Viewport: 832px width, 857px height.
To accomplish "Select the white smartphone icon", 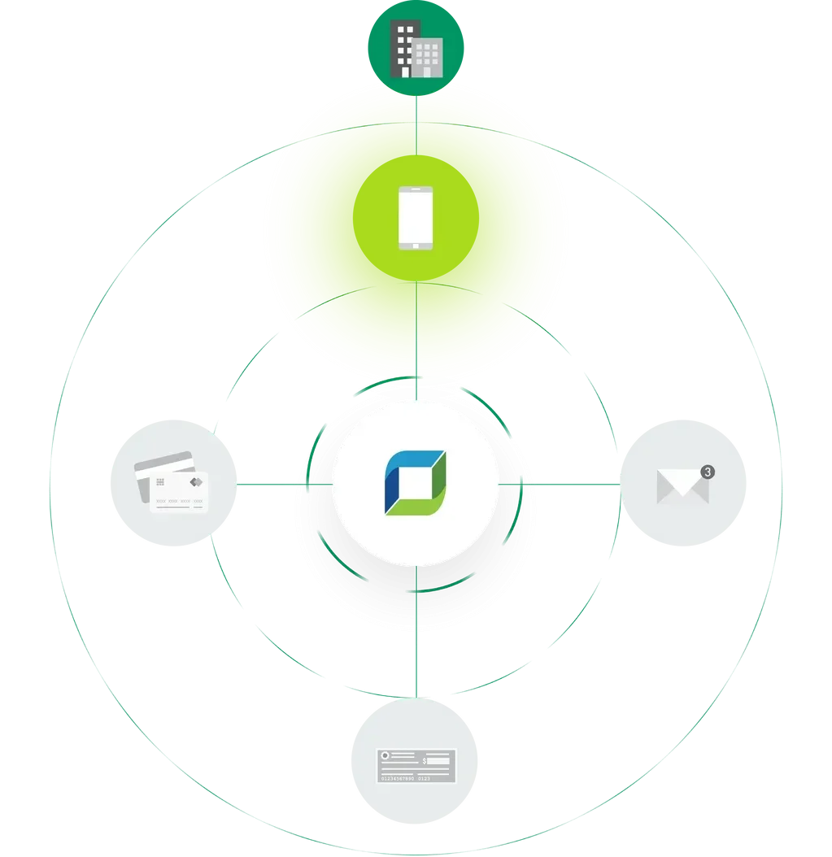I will pos(416,217).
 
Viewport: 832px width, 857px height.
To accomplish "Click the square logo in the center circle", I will pos(416,483).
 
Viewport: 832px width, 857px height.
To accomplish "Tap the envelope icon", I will pos(682,487).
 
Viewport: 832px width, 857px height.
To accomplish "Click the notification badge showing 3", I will pos(707,472).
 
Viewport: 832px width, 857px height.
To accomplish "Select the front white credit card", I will pos(179,491).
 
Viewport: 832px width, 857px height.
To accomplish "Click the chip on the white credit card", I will pos(161,482).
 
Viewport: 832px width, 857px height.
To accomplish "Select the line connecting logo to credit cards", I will pos(285,485).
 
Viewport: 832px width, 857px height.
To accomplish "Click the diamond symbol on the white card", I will pos(195,481).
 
